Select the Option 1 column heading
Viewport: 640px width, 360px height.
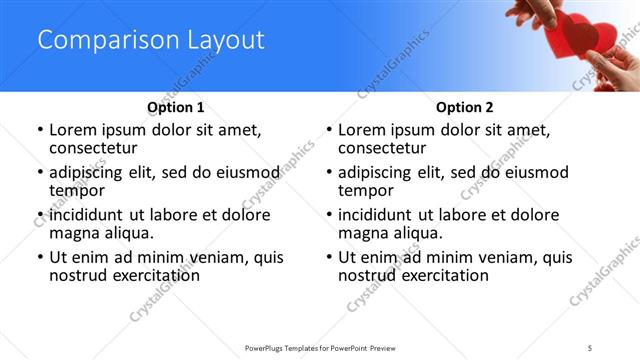click(x=175, y=107)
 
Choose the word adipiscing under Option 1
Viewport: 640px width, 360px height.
click(x=91, y=172)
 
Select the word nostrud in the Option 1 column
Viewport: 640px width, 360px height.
click(x=78, y=275)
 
